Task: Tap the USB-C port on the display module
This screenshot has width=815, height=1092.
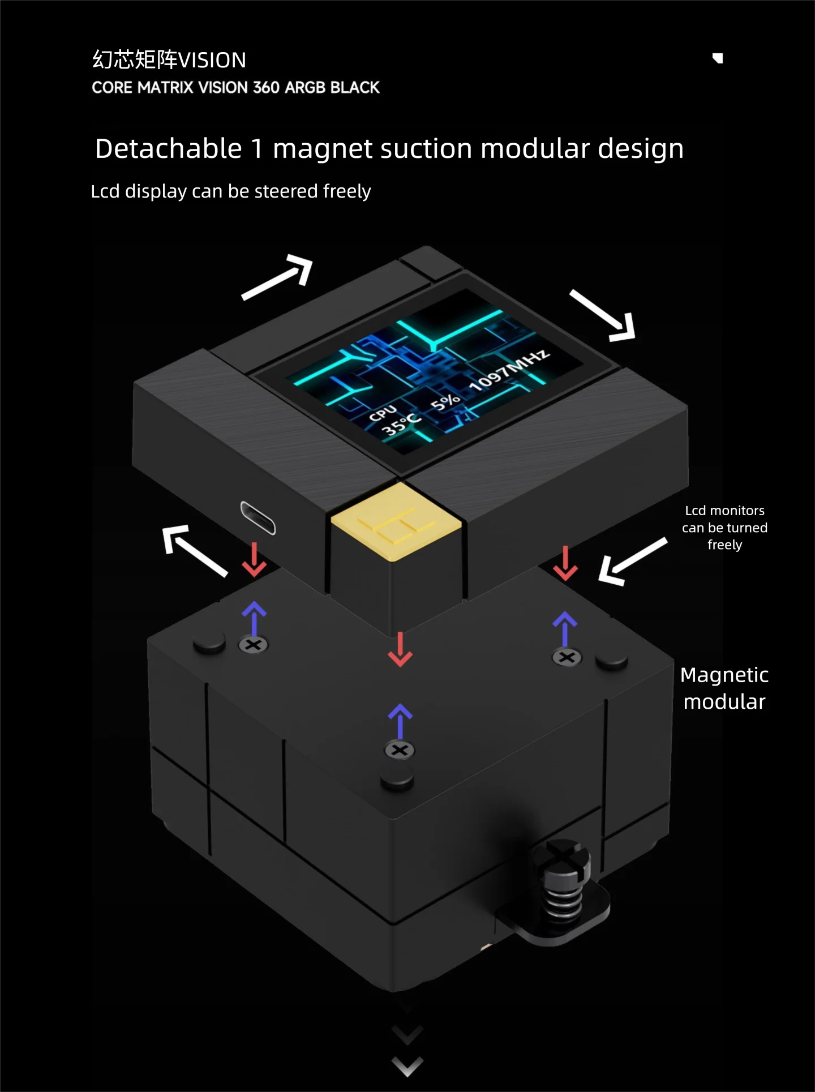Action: click(x=258, y=517)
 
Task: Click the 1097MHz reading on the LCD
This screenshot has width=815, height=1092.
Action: click(x=509, y=370)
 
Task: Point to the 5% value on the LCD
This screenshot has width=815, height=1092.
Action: click(x=445, y=401)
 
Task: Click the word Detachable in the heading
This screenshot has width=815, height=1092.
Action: click(x=168, y=149)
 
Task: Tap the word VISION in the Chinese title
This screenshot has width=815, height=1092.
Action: click(x=212, y=60)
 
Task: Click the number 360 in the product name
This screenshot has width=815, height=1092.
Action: click(x=266, y=88)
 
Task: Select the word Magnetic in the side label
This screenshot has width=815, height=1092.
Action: click(x=724, y=675)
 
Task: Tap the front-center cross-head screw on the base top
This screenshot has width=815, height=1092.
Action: click(x=400, y=751)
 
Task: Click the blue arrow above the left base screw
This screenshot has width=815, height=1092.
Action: click(x=254, y=618)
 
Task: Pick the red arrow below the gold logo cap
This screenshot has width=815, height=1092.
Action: click(x=400, y=649)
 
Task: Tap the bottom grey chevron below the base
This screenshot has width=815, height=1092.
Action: click(x=407, y=1067)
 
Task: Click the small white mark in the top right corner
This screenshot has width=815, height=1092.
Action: click(x=718, y=58)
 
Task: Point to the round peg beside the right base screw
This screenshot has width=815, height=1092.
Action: click(x=612, y=661)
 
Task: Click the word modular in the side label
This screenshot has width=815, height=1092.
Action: click(x=724, y=702)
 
